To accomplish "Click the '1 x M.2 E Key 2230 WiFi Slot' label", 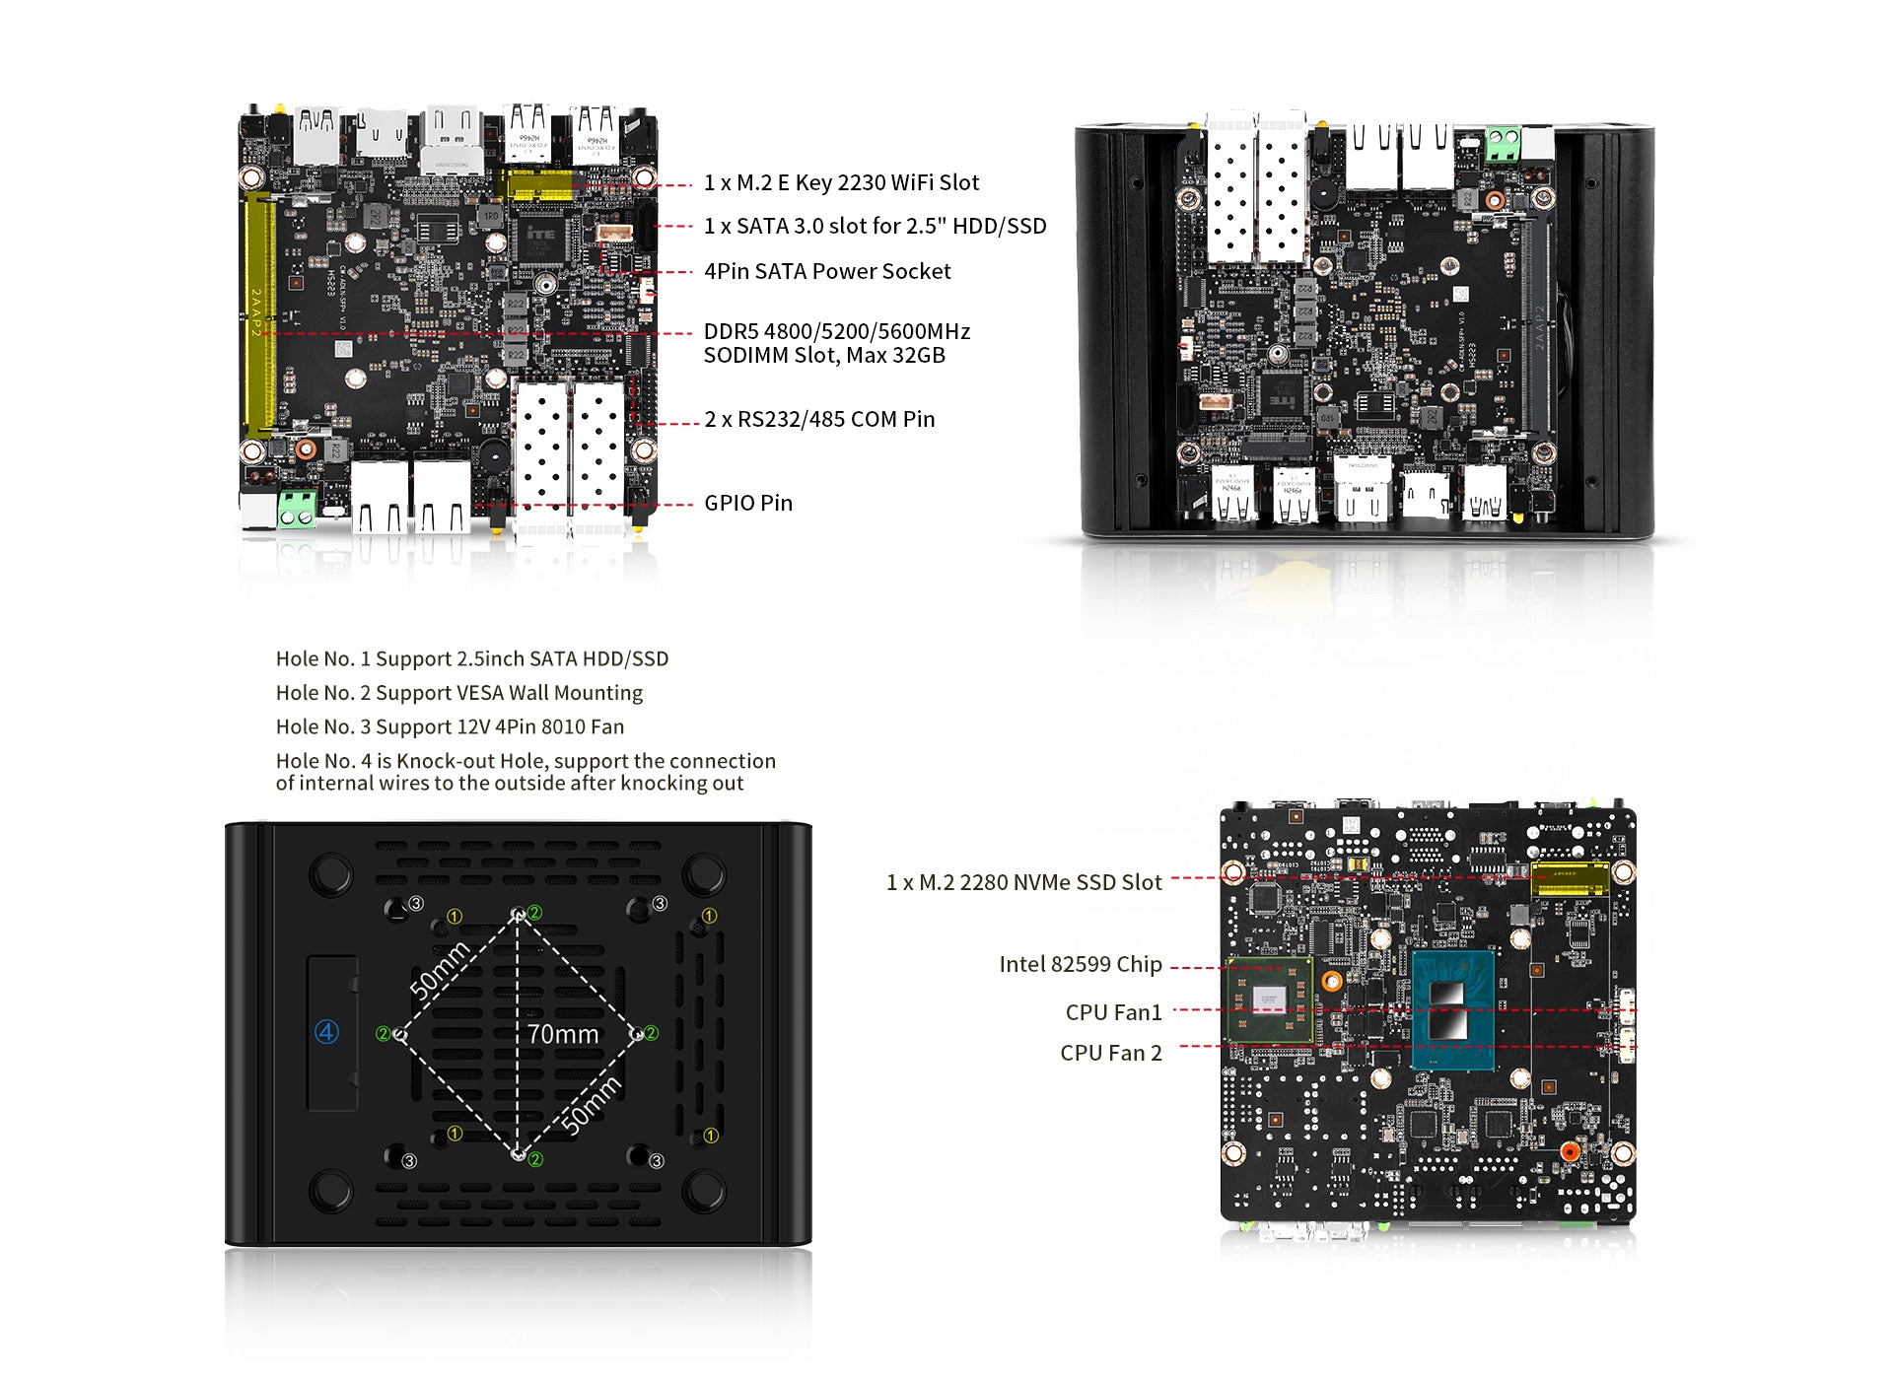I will point(841,183).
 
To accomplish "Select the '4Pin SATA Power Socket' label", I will point(827,272).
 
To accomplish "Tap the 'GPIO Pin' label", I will point(747,504).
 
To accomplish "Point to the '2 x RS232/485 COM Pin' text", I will point(819,420).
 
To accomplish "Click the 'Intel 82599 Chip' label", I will point(1080,965).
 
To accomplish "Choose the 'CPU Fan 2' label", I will point(1110,1054).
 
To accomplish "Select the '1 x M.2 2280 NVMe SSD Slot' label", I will point(1023,883).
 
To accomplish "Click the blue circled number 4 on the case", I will point(326,1032).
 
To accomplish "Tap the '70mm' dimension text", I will point(562,1034).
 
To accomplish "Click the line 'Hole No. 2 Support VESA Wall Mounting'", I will point(458,693).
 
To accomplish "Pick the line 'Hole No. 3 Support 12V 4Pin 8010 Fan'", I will point(450,727).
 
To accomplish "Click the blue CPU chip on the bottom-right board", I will point(1452,1010).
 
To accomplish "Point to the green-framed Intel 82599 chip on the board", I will point(1269,1000).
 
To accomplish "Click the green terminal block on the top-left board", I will point(297,509).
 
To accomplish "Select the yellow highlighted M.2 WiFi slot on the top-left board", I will point(538,184).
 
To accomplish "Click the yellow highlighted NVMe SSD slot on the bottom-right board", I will point(1568,877).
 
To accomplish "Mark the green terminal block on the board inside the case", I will point(1503,144).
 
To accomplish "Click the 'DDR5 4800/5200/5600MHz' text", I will point(836,332).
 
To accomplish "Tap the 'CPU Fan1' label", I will point(1113,1013).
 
